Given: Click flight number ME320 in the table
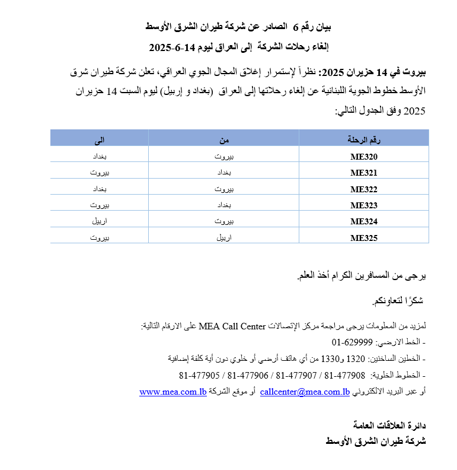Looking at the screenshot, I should click(364, 157).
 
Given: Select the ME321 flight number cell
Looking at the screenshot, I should click(364, 173).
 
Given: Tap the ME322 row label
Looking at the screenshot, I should click(364, 190).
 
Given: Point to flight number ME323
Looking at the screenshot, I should click(364, 206).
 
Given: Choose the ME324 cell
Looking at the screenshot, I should click(364, 222).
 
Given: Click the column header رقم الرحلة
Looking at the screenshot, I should click(363, 140).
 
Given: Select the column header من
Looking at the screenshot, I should click(223, 140).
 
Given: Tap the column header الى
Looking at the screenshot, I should click(99, 140).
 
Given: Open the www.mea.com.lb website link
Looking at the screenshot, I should click(172, 392).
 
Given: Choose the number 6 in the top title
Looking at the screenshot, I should click(295, 27).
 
